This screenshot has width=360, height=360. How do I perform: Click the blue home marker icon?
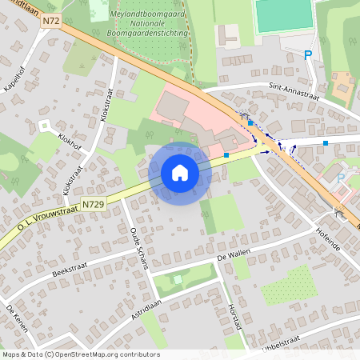[x=180, y=173]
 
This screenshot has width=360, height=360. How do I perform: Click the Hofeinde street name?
[x=328, y=238]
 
